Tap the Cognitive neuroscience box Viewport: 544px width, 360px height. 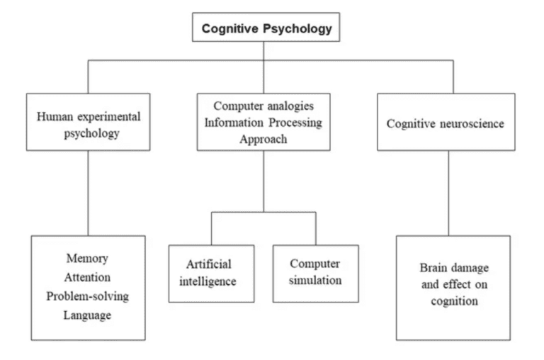(445, 122)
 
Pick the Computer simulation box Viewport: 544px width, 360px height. (315, 273)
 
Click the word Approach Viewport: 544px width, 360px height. (263, 139)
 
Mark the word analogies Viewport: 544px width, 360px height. (290, 106)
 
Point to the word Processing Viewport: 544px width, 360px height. (294, 122)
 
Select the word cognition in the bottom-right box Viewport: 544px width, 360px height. (454, 300)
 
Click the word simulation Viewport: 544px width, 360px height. (315, 280)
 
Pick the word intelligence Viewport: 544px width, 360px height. (208, 281)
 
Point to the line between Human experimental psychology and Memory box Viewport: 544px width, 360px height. (88, 193)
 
